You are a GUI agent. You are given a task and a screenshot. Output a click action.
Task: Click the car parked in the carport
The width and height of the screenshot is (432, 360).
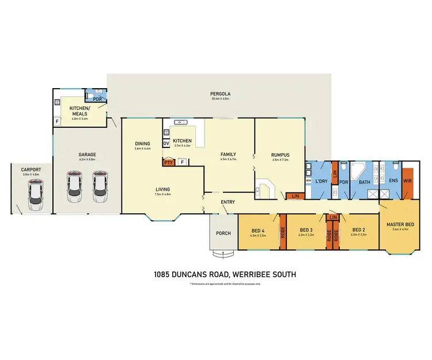[35, 192]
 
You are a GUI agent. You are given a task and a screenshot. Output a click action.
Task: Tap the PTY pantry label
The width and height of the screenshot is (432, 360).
[168, 162]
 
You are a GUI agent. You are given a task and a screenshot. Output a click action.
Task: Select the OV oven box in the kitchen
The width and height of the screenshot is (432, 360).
[166, 143]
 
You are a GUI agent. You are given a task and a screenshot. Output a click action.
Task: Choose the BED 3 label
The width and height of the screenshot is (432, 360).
[306, 229]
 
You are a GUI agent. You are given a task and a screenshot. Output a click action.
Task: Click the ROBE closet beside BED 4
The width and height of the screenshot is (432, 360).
[283, 232]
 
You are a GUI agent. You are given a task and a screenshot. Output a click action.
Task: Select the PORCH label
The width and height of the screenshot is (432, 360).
[222, 233]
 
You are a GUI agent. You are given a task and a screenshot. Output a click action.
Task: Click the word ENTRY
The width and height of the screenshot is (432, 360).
[228, 202]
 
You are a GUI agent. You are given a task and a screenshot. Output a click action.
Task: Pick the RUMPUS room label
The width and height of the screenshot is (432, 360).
[280, 154]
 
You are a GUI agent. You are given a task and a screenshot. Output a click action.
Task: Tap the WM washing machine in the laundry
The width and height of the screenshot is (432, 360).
[309, 180]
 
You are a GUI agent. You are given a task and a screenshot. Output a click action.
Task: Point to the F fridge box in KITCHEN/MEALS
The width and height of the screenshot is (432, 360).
[57, 122]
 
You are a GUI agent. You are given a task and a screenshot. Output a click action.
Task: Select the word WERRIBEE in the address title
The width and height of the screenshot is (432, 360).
[253, 275]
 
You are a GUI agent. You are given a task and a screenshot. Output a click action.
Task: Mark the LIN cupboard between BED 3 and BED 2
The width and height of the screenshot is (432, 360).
[333, 217]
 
